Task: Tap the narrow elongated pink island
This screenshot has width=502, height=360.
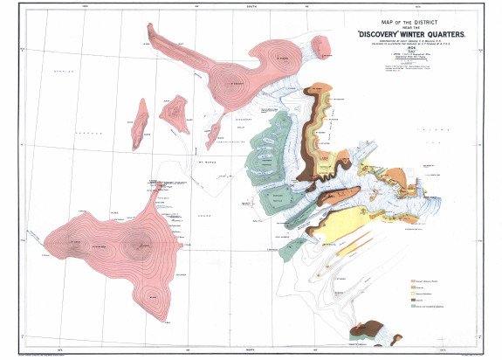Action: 140,123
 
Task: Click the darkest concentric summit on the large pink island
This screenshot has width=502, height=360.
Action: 137,246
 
